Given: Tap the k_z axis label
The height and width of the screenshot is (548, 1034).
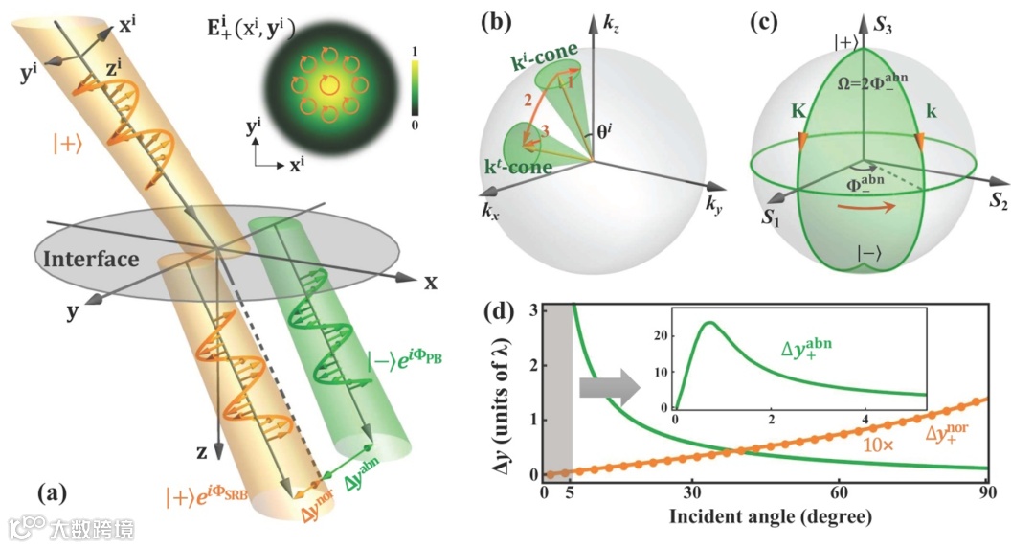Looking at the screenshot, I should pyautogui.click(x=611, y=21).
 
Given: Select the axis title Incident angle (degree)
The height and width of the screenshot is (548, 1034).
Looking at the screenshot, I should pyautogui.click(x=765, y=518).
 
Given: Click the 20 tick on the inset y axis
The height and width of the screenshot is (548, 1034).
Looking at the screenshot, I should pyautogui.click(x=661, y=335).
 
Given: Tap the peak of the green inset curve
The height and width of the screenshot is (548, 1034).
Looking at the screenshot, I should pyautogui.click(x=709, y=323).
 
